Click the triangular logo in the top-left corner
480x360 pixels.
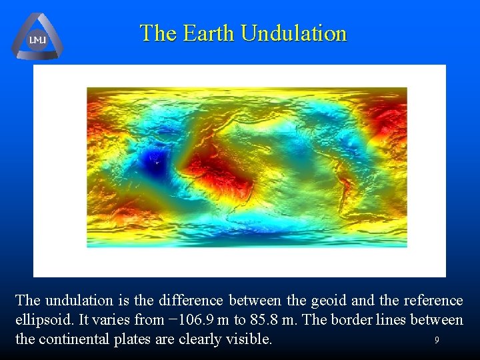click(37, 37)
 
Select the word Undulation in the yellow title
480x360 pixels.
click(293, 33)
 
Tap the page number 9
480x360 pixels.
click(437, 340)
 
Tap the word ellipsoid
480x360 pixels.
click(41, 320)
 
